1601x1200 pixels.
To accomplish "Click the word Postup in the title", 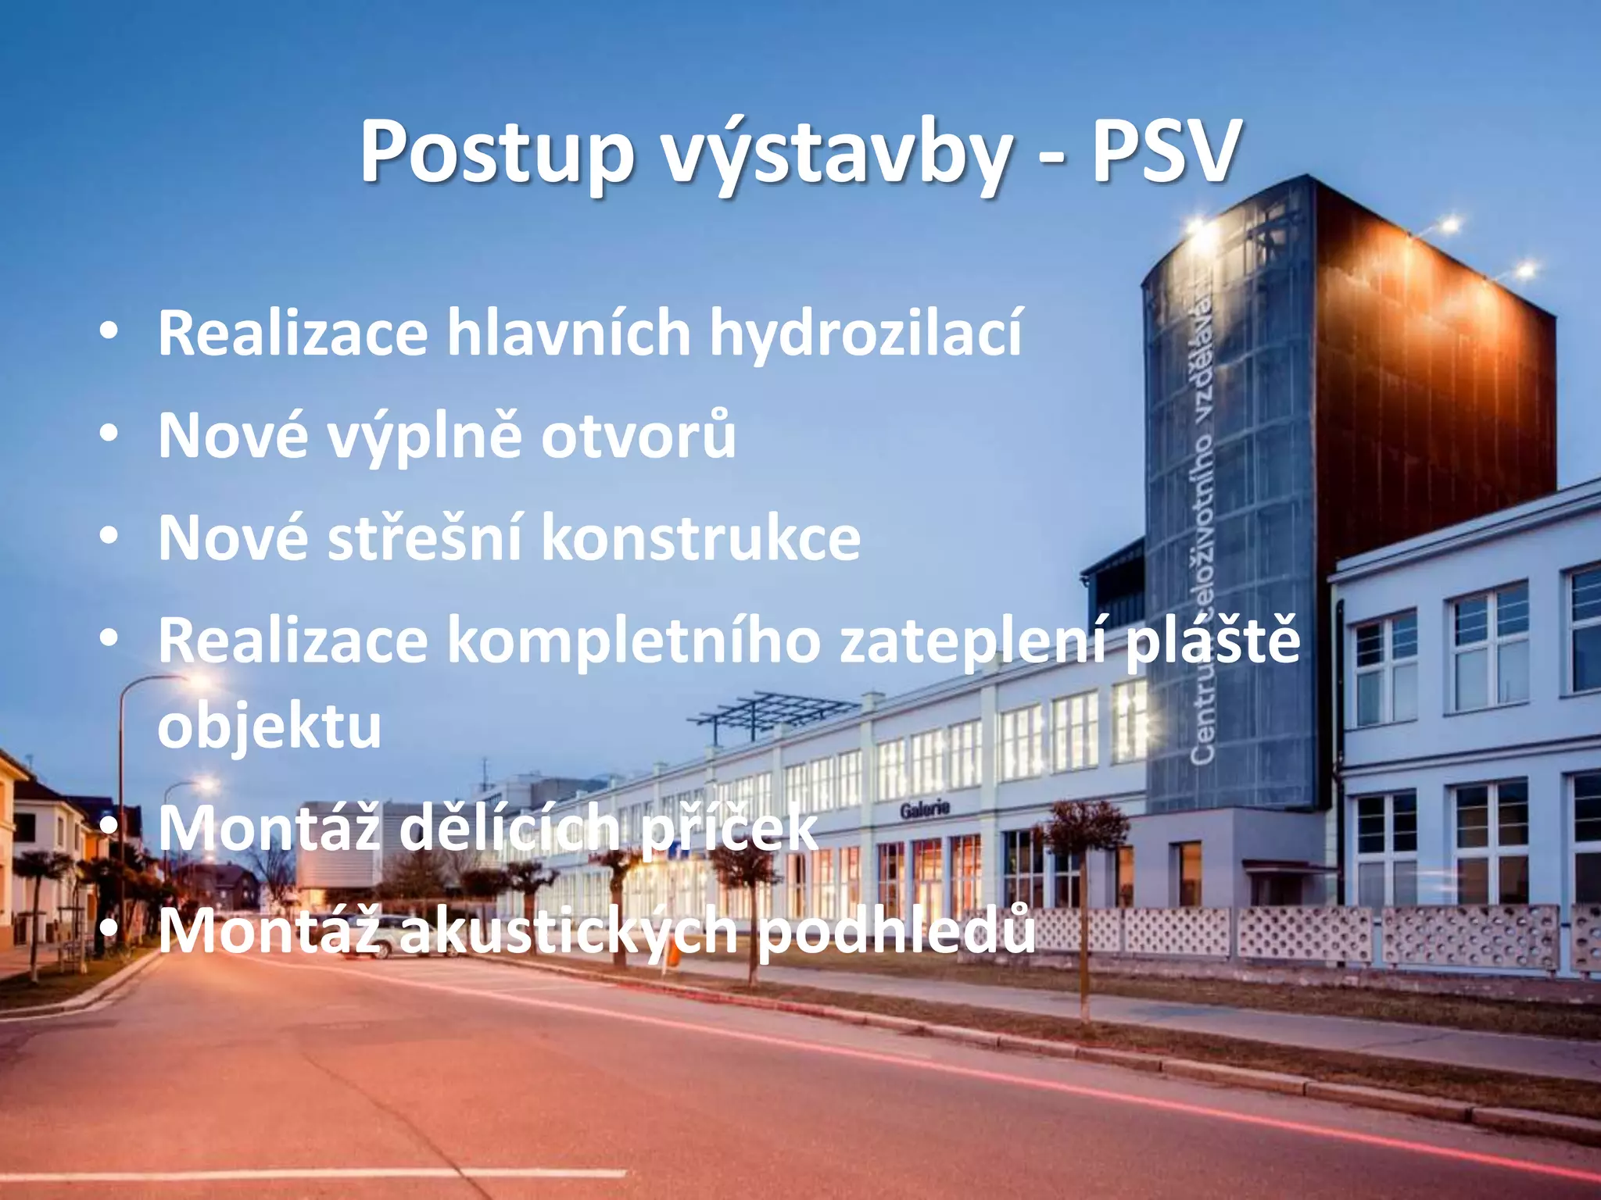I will point(496,153).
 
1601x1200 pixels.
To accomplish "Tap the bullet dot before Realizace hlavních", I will point(109,330).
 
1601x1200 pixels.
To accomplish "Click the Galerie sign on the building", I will point(924,809).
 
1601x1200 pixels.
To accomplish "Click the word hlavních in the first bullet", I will point(568,333).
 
